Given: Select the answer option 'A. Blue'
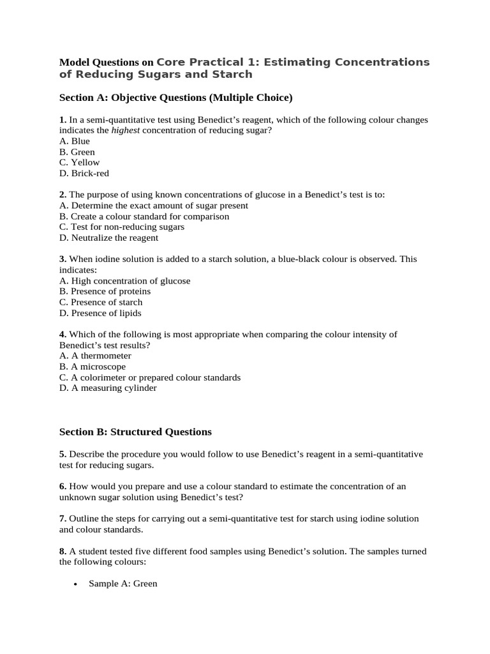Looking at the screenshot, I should [75, 141].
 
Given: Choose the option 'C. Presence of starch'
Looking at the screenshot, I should [101, 302].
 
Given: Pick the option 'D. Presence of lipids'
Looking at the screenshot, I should [100, 313].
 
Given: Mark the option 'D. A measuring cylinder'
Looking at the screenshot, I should [108, 388].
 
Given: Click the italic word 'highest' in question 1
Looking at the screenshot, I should [126, 130].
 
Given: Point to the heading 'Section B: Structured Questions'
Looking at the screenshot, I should [135, 432].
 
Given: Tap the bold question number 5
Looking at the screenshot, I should [62, 453].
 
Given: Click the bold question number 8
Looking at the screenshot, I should [62, 551].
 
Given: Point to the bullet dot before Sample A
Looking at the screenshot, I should [76, 584].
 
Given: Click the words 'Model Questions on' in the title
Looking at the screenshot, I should [107, 63].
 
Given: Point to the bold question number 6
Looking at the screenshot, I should [62, 486].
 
